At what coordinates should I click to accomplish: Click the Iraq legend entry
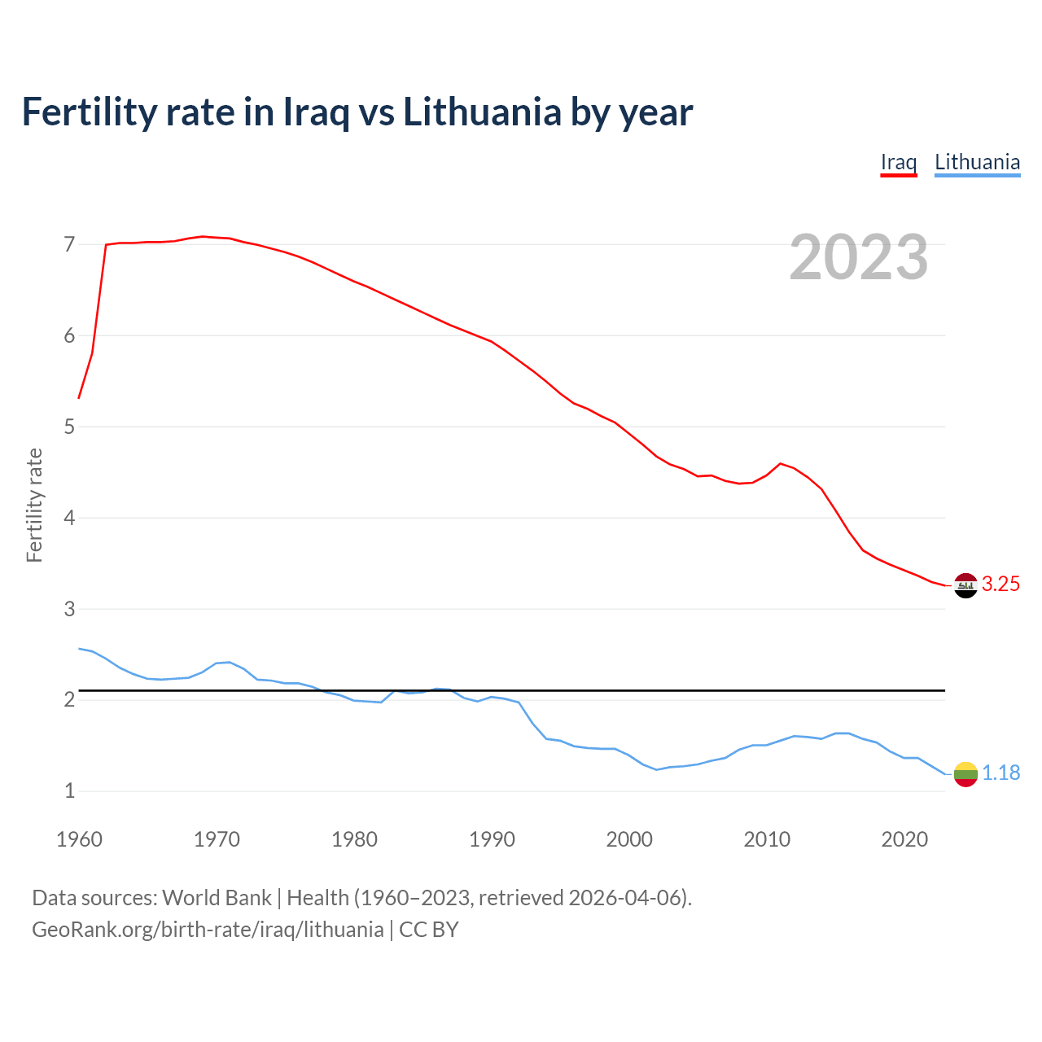899,162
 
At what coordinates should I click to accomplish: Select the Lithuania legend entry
977,162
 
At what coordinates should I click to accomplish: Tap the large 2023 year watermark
859,257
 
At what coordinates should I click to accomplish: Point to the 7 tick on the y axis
69,244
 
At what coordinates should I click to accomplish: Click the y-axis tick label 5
69,427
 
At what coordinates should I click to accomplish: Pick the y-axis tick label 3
69,609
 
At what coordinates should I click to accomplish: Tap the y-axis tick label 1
69,790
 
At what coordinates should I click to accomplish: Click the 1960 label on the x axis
79,839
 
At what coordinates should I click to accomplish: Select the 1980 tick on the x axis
354,839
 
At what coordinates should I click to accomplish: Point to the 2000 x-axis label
629,839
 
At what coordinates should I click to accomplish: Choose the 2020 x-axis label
904,839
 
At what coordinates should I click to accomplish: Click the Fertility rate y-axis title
34,505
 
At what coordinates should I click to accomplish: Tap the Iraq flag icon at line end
965,585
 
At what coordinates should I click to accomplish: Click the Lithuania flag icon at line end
965,774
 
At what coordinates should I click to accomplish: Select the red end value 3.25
1000,584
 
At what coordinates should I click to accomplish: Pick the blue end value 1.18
1000,773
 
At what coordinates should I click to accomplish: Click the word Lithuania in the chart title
482,112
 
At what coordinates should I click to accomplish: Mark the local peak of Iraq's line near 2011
781,463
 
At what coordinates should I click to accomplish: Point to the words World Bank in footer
217,898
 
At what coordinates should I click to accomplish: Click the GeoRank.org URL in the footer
208,930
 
